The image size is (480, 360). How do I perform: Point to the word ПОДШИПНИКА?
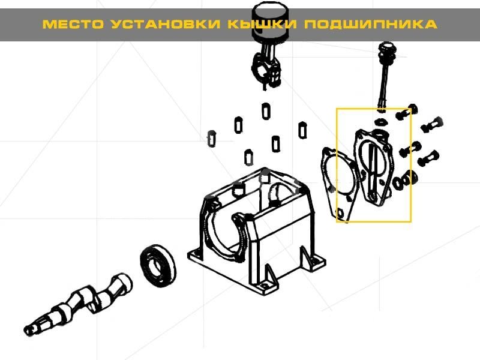tap(370, 24)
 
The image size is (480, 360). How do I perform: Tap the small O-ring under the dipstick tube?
tap(381, 122)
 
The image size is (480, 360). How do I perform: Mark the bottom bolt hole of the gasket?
tap(340, 212)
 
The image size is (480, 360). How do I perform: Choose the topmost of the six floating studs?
tap(266, 111)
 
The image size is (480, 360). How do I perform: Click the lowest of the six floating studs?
tap(248, 157)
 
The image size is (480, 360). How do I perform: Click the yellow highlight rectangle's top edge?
tap(373, 109)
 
